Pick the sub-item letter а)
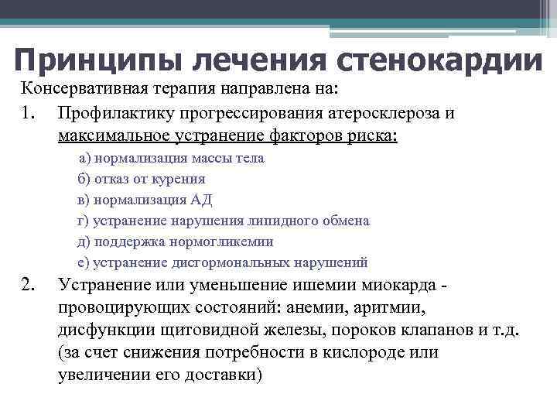tap(85, 158)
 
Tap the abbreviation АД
tap(201, 200)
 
